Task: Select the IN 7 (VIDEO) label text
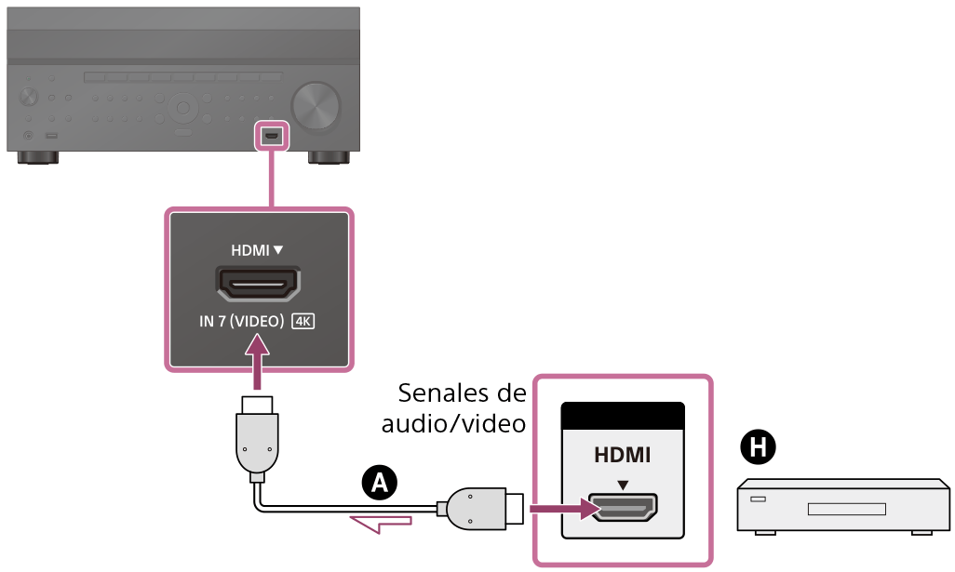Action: pyautogui.click(x=241, y=322)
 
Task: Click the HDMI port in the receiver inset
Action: pyautogui.click(x=258, y=282)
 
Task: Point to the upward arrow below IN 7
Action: pyautogui.click(x=258, y=363)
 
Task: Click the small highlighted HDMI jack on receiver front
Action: pyautogui.click(x=272, y=135)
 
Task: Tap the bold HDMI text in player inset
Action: pyautogui.click(x=623, y=456)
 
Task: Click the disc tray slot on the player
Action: pyautogui.click(x=846, y=509)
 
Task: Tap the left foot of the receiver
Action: pyautogui.click(x=34, y=157)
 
